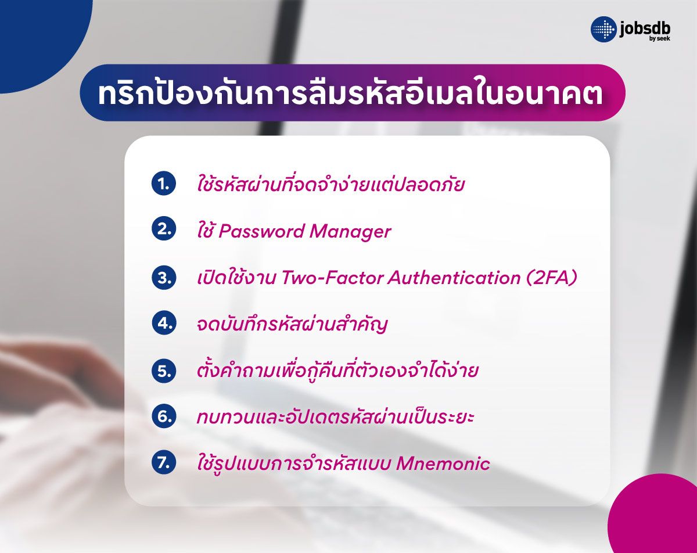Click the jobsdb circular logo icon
pyautogui.click(x=603, y=29)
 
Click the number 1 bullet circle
pyautogui.click(x=163, y=184)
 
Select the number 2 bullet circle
pyautogui.click(x=163, y=231)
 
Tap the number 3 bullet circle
pyautogui.click(x=163, y=277)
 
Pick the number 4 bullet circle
pyautogui.click(x=163, y=324)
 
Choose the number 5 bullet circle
pyautogui.click(x=163, y=370)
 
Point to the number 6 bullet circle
pyautogui.click(x=163, y=416)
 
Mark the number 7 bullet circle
pyautogui.click(x=163, y=463)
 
